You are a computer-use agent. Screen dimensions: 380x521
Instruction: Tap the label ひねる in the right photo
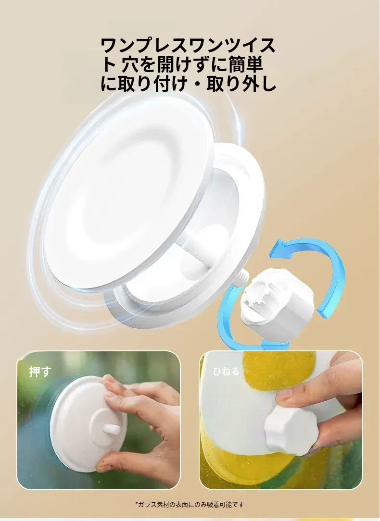coord(226,371)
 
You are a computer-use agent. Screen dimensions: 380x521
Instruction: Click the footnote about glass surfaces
coord(190,504)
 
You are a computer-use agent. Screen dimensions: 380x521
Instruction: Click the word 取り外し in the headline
coord(241,84)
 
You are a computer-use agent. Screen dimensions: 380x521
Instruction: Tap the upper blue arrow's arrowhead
coord(280,249)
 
